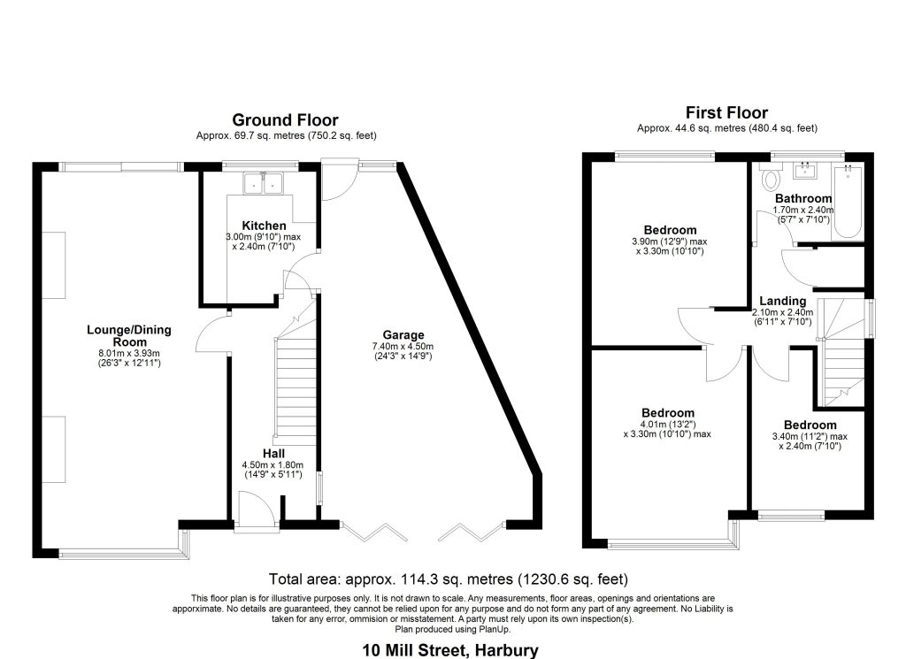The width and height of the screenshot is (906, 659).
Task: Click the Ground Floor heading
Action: click(x=285, y=120)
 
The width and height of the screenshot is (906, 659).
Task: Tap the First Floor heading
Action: click(x=727, y=112)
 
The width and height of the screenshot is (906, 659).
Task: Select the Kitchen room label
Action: click(x=264, y=226)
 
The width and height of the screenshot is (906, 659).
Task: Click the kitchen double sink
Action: click(x=263, y=183)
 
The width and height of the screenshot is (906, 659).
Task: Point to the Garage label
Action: click(x=403, y=335)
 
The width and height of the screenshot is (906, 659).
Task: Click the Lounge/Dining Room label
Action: click(x=129, y=335)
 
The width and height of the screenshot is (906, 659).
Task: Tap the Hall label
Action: click(x=273, y=454)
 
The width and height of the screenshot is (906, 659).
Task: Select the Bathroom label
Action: click(x=803, y=199)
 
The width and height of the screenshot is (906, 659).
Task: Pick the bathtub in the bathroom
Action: click(x=848, y=203)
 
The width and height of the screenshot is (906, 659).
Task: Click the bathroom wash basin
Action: click(x=807, y=169)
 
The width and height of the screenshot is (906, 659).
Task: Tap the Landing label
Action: click(x=782, y=301)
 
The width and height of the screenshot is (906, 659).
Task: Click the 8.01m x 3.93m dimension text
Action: click(x=129, y=354)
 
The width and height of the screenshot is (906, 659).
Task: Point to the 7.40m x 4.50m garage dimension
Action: click(x=403, y=347)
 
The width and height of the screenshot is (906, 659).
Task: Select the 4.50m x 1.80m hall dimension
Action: click(x=273, y=465)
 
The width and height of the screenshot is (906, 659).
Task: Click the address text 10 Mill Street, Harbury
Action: click(x=450, y=650)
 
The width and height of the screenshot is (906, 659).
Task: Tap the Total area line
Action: click(x=449, y=579)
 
